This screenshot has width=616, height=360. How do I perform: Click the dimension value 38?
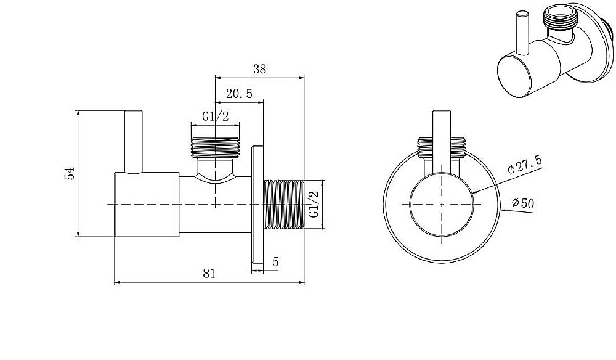click(x=260, y=69)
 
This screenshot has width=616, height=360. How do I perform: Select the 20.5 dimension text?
click(x=239, y=94)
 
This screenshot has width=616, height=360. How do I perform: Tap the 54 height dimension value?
click(x=69, y=173)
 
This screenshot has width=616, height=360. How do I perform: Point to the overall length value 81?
click(x=209, y=273)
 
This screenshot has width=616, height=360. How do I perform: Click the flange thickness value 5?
click(x=275, y=262)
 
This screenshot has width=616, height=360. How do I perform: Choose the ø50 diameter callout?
click(x=523, y=203)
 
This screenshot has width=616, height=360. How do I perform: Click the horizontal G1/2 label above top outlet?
click(x=215, y=117)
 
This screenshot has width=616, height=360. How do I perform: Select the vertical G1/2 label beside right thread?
click(x=314, y=205)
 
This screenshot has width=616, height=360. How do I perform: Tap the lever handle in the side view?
click(x=133, y=142)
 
